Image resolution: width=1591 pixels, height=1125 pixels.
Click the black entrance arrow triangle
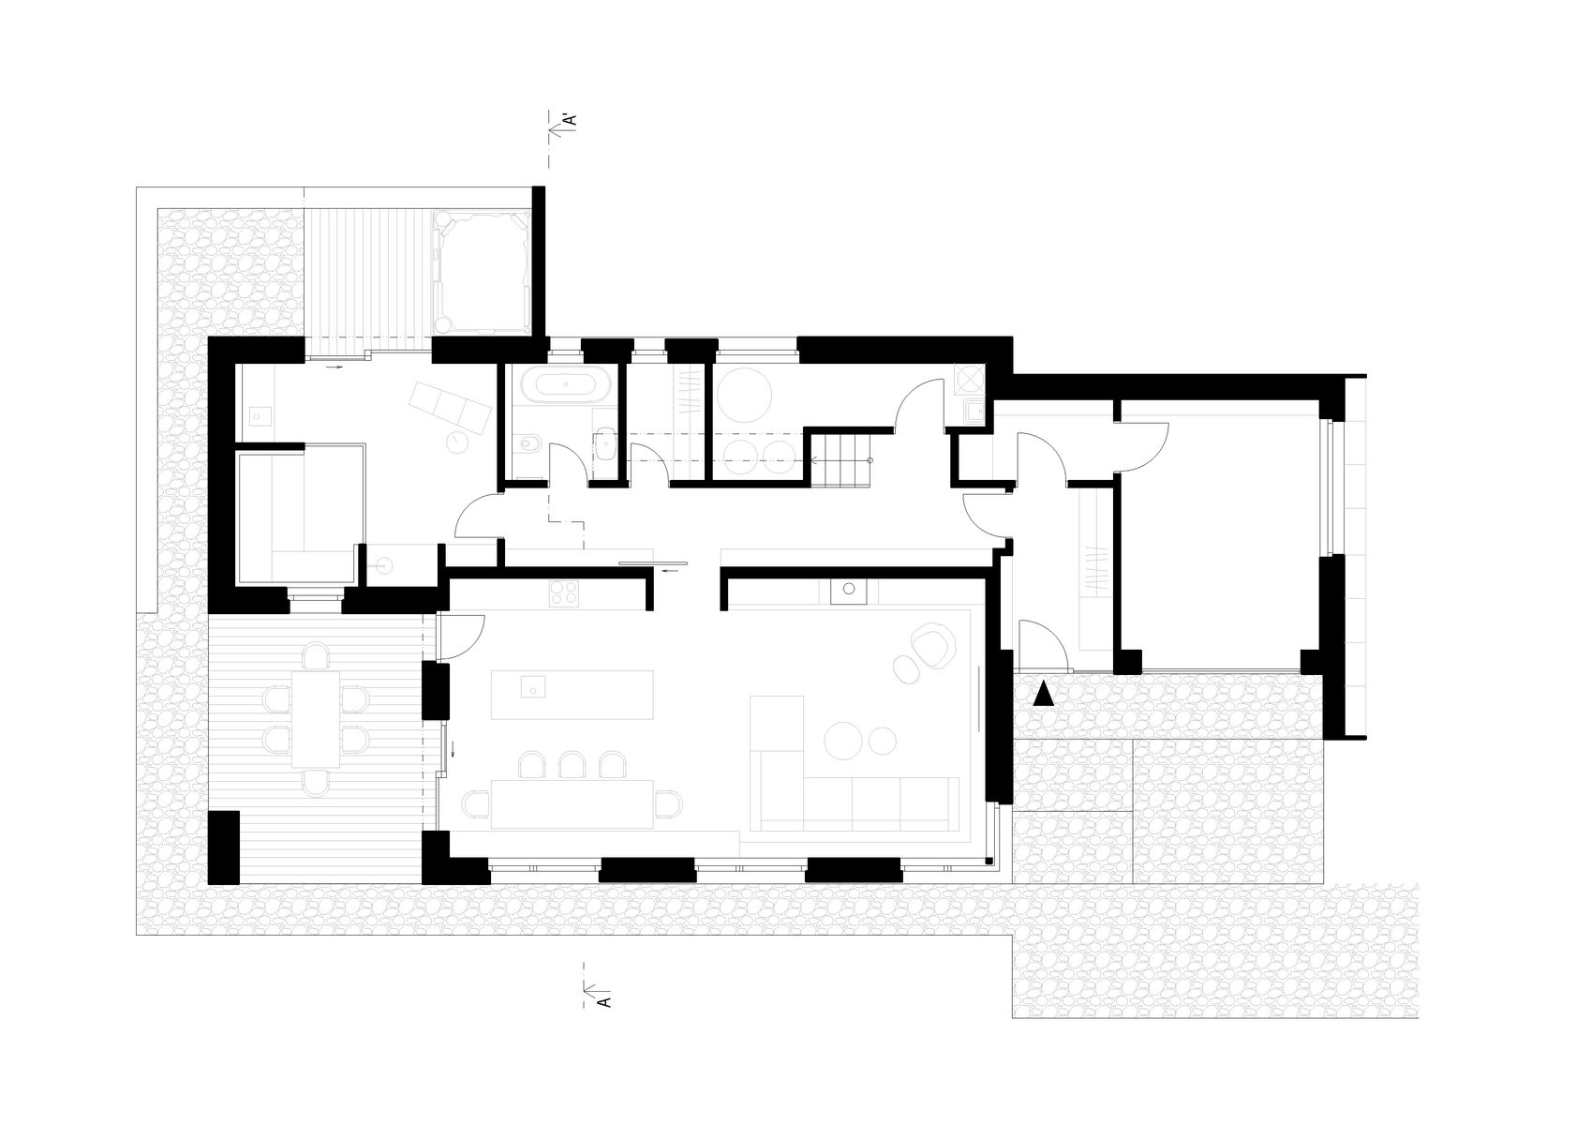coord(1044,694)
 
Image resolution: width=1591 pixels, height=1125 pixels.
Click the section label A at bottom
coord(604,1001)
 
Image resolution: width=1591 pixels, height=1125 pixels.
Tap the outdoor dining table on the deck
coord(316,718)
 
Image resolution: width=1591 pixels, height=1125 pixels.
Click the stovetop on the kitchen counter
coord(564,594)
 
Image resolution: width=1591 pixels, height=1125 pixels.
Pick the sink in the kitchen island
coord(532,687)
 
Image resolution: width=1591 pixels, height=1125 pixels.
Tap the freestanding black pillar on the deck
coord(224,847)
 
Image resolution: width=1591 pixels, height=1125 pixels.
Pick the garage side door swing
coord(1141,447)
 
